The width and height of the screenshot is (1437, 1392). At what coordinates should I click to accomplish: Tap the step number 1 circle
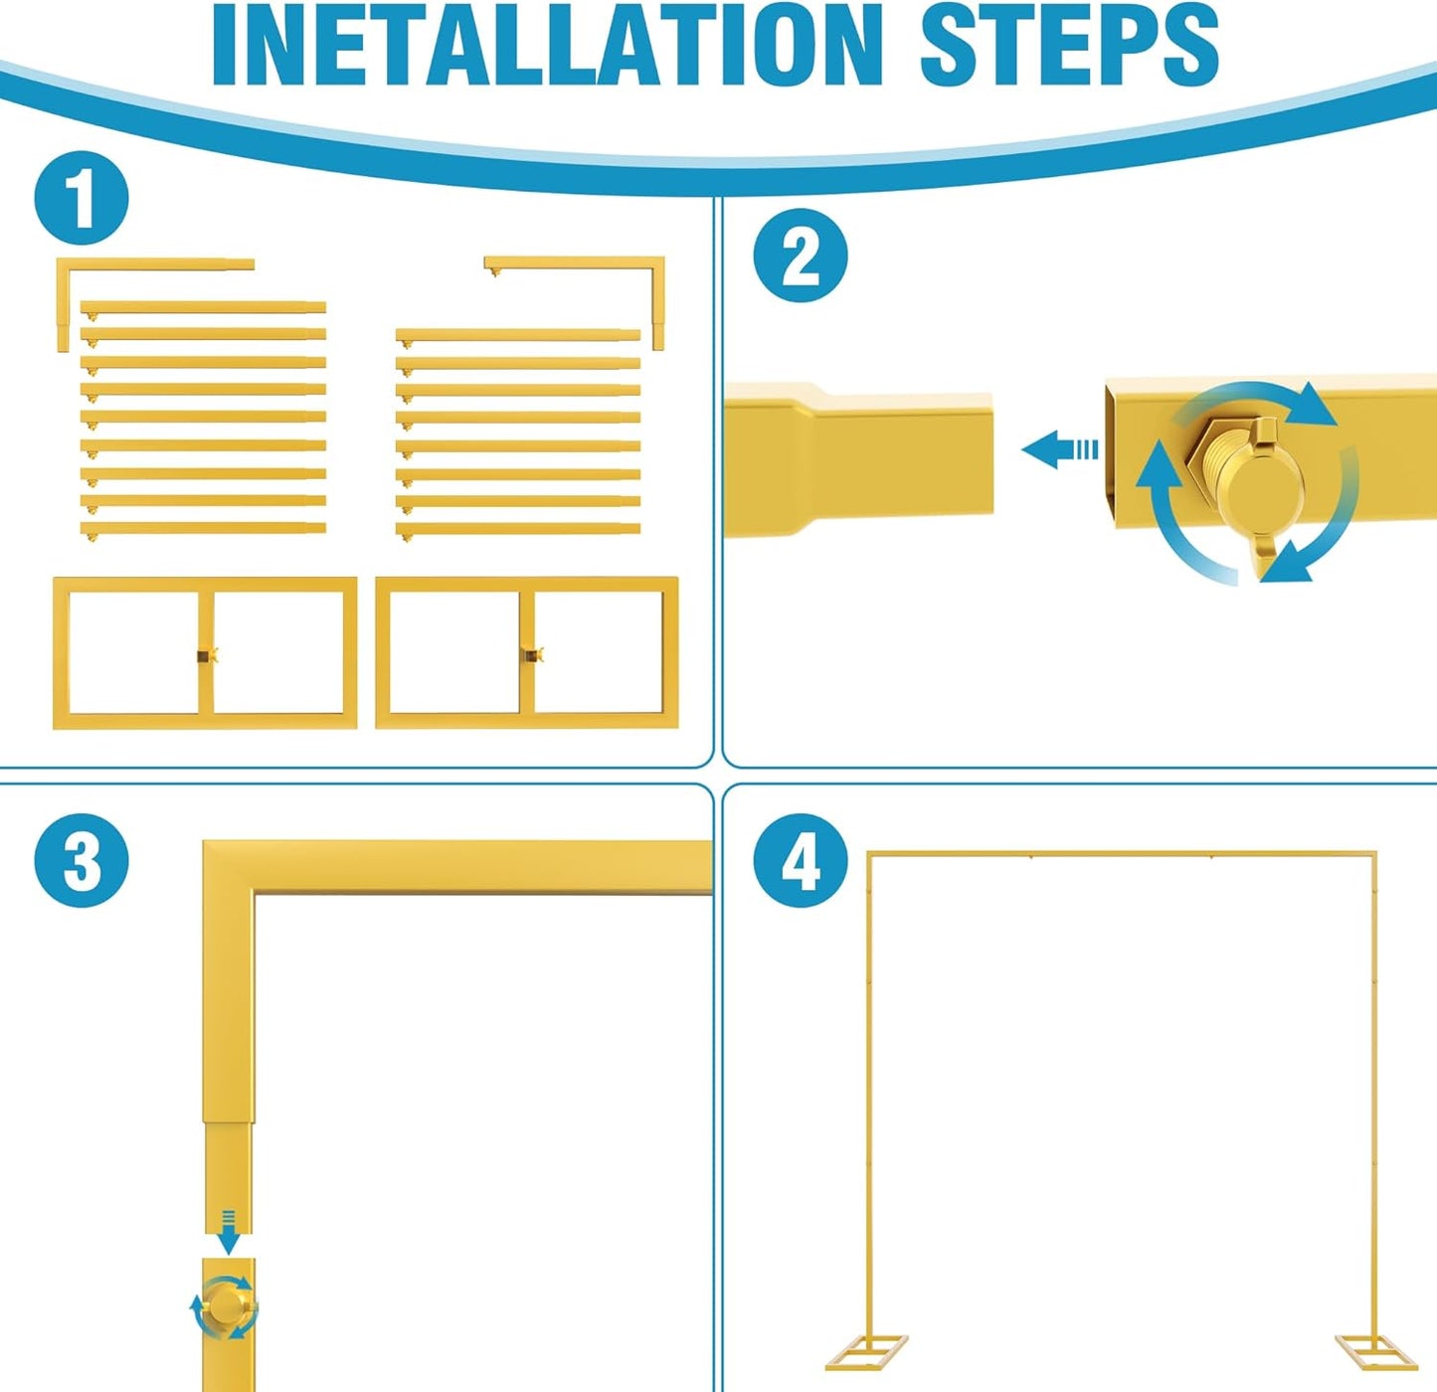click(x=82, y=198)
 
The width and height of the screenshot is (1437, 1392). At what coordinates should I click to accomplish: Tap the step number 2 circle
click(x=801, y=257)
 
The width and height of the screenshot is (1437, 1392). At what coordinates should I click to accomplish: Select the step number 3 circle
click(x=82, y=861)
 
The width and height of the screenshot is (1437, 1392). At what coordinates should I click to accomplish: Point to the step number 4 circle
click(x=801, y=861)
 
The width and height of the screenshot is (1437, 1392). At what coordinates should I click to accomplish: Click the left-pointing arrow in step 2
click(x=1059, y=449)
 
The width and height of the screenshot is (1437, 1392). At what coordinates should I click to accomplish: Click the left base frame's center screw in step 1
click(x=207, y=656)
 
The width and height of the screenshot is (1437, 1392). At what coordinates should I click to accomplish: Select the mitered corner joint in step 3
click(x=229, y=867)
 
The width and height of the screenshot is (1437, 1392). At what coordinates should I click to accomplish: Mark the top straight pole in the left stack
click(x=203, y=307)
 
